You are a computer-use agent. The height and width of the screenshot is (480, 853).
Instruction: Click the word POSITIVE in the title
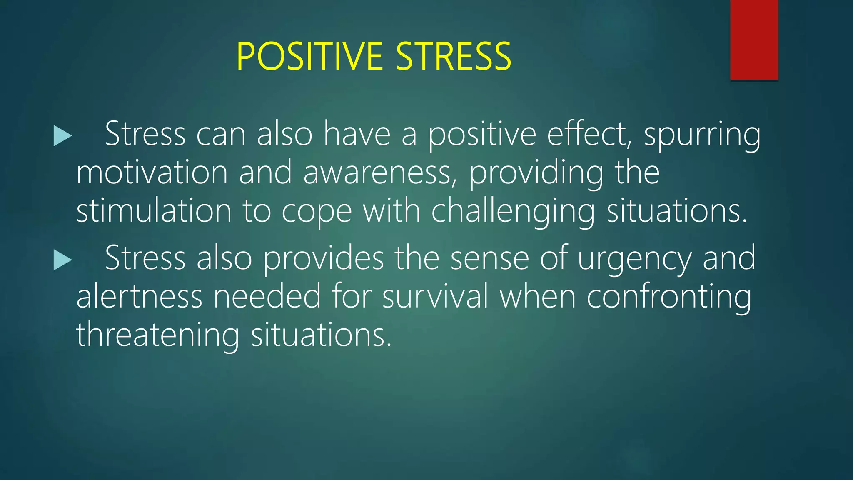309,57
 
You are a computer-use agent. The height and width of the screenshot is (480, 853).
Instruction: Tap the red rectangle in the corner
754,40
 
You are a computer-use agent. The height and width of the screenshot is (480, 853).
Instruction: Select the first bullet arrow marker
62,137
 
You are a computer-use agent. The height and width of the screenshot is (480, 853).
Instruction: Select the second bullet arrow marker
62,261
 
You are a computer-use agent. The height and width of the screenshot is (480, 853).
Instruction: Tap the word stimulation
154,211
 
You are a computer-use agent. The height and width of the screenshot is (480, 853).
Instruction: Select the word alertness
139,296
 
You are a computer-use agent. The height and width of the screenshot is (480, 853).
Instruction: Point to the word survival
435,296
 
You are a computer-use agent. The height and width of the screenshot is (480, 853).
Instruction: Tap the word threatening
157,335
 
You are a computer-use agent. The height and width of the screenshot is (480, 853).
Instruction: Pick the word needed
267,296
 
